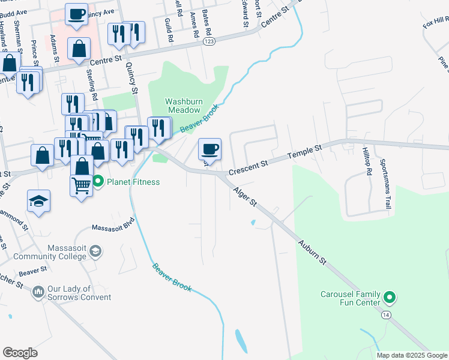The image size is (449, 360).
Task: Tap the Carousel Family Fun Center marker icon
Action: (390, 296)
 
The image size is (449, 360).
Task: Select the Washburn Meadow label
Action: (182, 106)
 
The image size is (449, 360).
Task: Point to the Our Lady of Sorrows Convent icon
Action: (38, 292)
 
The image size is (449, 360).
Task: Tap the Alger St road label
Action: (245, 196)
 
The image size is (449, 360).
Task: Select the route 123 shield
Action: (208, 40)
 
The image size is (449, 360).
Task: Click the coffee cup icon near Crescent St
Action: (209, 148)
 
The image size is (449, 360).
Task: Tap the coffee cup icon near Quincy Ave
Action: (76, 14)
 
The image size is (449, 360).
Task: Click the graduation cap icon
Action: (38, 200)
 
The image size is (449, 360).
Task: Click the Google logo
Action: (20, 353)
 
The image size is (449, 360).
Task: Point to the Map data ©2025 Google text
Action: (411, 355)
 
